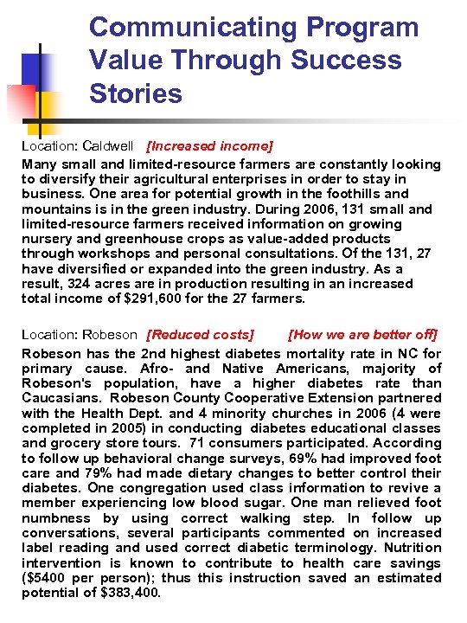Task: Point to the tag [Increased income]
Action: point(210,146)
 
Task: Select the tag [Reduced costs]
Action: point(201,334)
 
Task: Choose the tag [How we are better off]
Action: point(363,334)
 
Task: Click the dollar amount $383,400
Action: point(132,594)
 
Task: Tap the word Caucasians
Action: point(58,398)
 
